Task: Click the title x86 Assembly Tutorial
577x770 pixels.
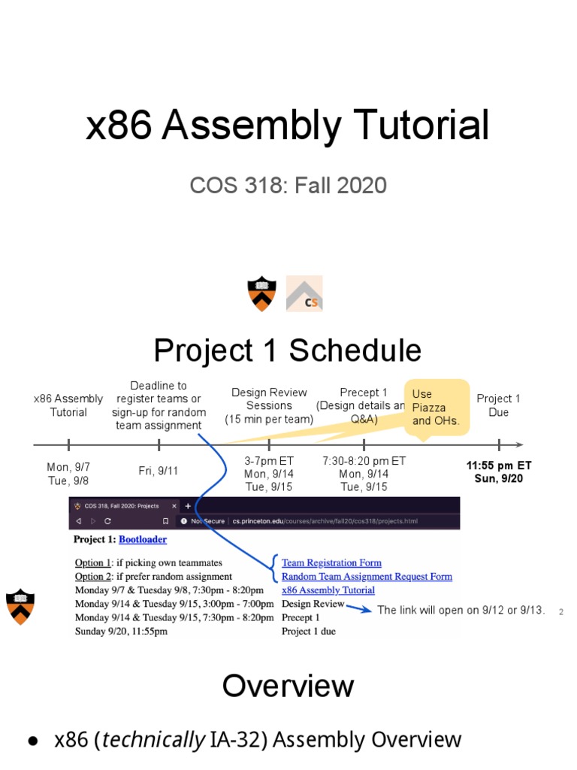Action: tap(288, 126)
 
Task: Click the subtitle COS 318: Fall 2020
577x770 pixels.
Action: tap(288, 186)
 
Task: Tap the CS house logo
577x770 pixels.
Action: tap(304, 293)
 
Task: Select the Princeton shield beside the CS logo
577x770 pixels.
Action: tap(261, 294)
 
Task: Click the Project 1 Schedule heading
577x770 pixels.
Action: tap(288, 350)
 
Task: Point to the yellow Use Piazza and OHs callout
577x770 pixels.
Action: tap(437, 407)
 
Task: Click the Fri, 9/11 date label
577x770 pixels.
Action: tap(158, 471)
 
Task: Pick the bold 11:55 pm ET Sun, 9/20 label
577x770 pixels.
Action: tap(499, 472)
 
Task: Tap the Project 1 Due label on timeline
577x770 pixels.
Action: tap(498, 405)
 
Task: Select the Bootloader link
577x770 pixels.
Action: tap(143, 539)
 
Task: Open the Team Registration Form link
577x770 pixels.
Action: tap(331, 562)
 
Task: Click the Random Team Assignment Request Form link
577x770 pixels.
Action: tap(367, 577)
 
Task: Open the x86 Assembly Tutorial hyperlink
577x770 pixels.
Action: tap(328, 590)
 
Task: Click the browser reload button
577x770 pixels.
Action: tap(107, 521)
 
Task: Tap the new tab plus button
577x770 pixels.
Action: tap(187, 506)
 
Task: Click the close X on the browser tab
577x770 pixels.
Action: tap(174, 506)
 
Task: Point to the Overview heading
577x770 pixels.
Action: tap(288, 686)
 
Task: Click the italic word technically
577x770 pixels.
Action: tap(153, 740)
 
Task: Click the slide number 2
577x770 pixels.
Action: tap(560, 612)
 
